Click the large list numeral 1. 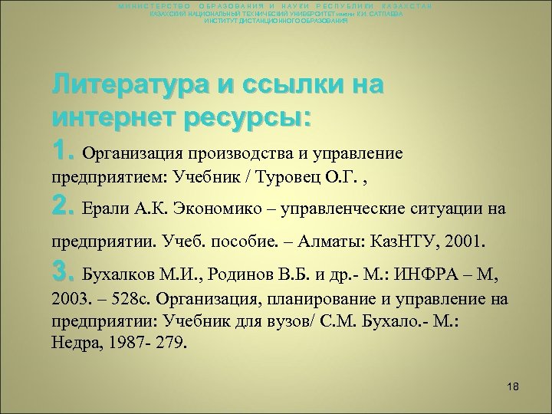pyautogui.click(x=63, y=151)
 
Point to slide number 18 pyautogui.click(x=513, y=387)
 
